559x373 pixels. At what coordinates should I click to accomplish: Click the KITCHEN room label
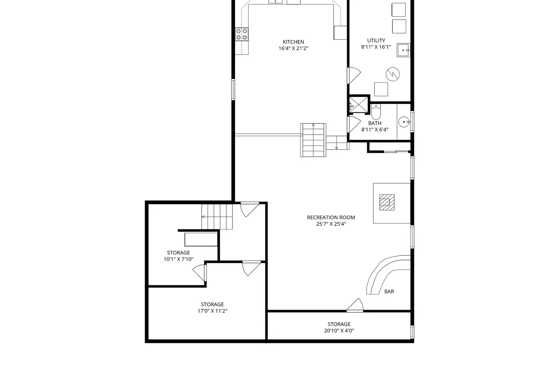[x=293, y=42]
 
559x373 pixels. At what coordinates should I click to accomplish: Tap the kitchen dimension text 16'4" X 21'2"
[x=293, y=48]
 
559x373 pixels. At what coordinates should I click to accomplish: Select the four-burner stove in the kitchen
[x=242, y=34]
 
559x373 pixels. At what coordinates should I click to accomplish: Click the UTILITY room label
[x=376, y=41]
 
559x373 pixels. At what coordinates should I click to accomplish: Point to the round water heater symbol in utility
[x=392, y=74]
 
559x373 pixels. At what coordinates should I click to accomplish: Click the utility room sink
[x=403, y=50]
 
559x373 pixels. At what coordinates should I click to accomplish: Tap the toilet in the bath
[x=376, y=112]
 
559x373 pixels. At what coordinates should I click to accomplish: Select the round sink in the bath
[x=404, y=122]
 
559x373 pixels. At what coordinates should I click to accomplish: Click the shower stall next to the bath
[x=359, y=105]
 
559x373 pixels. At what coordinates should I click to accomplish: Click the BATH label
[x=375, y=123]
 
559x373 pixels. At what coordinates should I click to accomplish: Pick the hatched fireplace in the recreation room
[x=387, y=202]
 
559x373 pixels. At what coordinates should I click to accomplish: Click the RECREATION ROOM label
[x=331, y=217]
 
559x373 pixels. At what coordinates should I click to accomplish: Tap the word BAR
[x=389, y=291]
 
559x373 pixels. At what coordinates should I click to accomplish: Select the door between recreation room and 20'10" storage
[x=355, y=305]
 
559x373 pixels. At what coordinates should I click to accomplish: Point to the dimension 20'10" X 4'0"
[x=339, y=330]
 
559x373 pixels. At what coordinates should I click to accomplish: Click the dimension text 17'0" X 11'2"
[x=212, y=311]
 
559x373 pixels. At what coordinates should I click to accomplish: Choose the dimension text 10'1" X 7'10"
[x=179, y=259]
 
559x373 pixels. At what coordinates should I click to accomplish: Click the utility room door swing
[x=354, y=75]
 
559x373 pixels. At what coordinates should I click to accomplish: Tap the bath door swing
[x=354, y=125]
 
